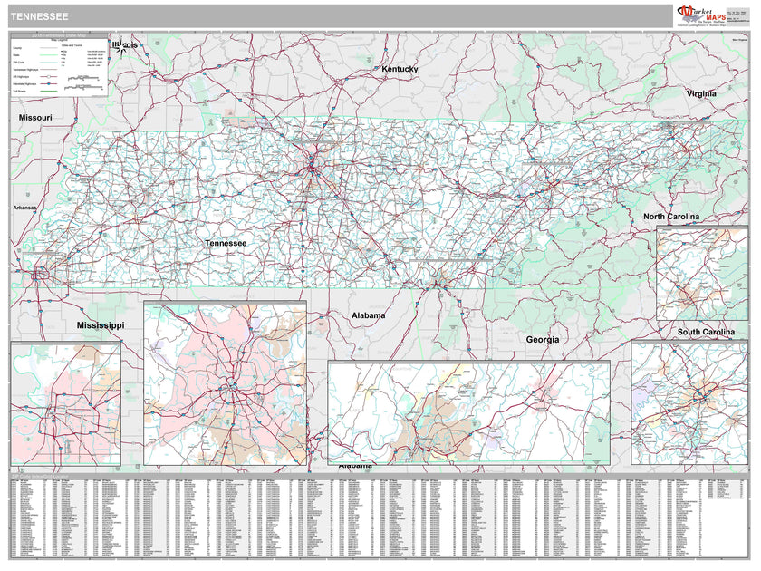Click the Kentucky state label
coord(400,69)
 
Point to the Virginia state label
coord(700,93)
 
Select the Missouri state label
coord(35,118)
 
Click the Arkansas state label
coord(24,208)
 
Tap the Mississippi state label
coord(100,324)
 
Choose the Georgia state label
coord(542,339)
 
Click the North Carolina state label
coord(670,217)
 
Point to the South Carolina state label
coord(706,333)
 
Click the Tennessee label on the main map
coord(225,243)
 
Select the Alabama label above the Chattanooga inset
coord(369,315)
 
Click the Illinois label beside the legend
coord(126,44)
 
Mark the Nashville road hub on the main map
coord(313,167)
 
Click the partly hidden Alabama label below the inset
coord(355,466)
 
